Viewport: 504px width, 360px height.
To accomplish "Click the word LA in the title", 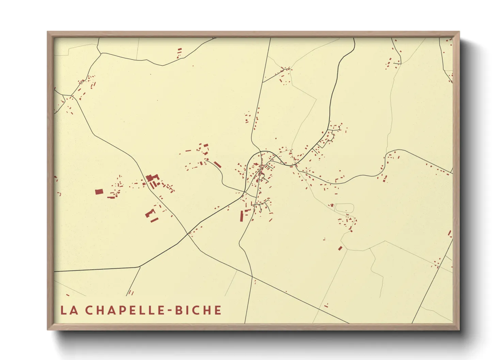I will click(x=69, y=310).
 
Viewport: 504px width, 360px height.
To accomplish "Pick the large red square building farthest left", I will click(x=99, y=192).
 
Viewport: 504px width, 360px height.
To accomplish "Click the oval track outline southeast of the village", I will click(x=344, y=207).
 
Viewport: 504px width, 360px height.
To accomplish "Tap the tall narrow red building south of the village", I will click(x=242, y=216).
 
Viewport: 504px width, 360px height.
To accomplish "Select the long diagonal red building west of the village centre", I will click(x=217, y=164).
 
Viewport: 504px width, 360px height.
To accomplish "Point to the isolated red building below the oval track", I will click(x=340, y=248).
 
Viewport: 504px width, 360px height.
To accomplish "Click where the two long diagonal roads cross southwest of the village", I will click(x=188, y=234).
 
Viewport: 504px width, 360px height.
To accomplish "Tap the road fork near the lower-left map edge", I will click(x=140, y=267).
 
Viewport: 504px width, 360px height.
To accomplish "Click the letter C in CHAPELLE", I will click(x=89, y=310).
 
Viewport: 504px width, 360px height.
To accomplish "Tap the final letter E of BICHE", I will click(x=218, y=310).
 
